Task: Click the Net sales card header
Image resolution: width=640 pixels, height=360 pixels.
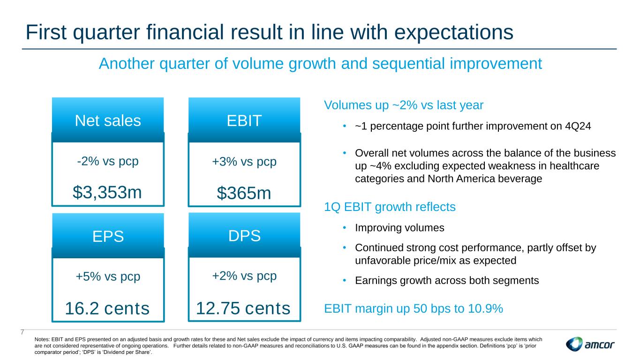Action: [x=108, y=120]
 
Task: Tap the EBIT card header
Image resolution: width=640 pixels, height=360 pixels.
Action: [x=244, y=120]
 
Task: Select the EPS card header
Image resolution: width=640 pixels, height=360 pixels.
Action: [x=108, y=236]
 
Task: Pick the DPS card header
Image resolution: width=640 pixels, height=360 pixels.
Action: [x=244, y=235]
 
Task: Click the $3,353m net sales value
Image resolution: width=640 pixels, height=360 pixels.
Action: [x=107, y=192]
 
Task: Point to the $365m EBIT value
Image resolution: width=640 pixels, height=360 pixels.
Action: [x=244, y=193]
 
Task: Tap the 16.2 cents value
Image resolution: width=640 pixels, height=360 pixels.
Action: [x=107, y=308]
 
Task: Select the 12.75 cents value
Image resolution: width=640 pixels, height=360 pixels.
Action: [x=243, y=308]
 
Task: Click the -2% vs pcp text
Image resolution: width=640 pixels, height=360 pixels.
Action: [x=108, y=161]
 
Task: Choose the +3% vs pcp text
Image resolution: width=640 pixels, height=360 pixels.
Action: [x=244, y=162]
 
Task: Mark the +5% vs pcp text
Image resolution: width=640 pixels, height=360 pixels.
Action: [x=108, y=277]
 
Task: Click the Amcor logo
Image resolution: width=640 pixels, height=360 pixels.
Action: [x=590, y=344]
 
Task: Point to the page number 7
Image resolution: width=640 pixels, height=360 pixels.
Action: [x=23, y=332]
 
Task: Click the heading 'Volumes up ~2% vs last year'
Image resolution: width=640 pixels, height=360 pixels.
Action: [x=404, y=105]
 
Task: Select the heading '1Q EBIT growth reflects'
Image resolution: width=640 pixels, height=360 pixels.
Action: [x=390, y=207]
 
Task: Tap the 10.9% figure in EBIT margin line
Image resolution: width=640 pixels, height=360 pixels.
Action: [x=485, y=308]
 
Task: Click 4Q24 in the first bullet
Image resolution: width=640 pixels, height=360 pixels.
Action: [x=578, y=126]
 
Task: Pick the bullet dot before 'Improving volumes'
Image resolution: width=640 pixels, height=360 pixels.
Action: [x=345, y=228]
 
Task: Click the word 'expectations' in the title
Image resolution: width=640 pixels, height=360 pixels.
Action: [x=454, y=32]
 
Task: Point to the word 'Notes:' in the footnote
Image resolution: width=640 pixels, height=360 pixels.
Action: [x=42, y=339]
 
